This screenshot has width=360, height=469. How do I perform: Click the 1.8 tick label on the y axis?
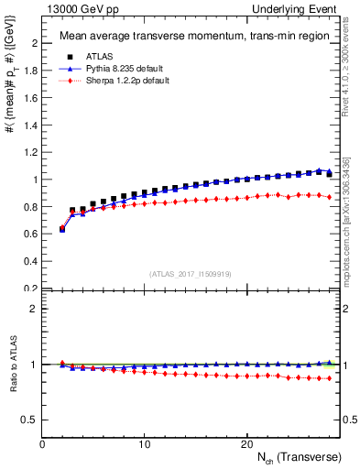(x=31, y=71)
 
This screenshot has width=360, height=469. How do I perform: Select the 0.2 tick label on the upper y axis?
(x=31, y=289)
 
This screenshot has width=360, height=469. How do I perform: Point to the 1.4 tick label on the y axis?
(x=31, y=125)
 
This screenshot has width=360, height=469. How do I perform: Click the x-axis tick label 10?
(x=144, y=444)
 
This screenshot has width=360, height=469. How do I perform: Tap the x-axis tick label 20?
(x=246, y=444)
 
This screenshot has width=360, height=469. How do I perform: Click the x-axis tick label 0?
(x=42, y=444)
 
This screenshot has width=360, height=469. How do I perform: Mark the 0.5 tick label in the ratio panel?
(x=31, y=420)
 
